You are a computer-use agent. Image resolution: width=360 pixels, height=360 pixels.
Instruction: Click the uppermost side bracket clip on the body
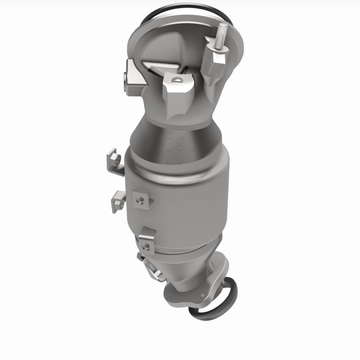114,162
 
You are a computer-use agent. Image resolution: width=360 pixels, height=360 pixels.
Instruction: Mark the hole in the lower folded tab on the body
146,246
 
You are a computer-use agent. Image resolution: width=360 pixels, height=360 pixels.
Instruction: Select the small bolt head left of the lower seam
140,257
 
